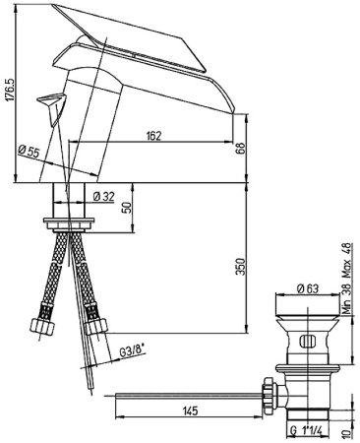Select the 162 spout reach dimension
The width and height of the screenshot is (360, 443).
click(153, 136)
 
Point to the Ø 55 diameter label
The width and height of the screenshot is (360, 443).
click(29, 152)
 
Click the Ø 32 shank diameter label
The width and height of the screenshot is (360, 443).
click(103, 196)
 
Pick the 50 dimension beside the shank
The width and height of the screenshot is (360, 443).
click(127, 208)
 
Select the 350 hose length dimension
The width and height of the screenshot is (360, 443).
click(241, 267)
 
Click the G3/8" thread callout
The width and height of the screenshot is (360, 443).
click(132, 351)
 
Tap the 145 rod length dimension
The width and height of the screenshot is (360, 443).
click(189, 411)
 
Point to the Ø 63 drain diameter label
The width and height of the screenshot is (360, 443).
click(308, 288)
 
